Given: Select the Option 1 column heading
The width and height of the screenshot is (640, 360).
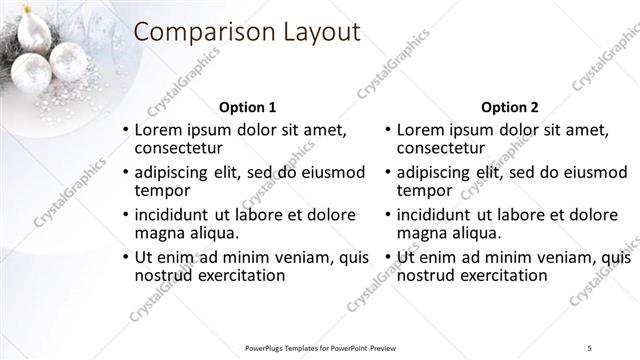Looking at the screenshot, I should point(247,107).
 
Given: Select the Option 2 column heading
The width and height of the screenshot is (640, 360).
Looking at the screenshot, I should point(509,107).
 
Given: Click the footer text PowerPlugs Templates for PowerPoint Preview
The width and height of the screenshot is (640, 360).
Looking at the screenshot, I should point(320,347).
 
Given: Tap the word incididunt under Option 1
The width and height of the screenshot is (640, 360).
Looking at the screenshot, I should point(170,215).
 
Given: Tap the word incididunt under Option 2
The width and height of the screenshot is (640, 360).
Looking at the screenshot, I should point(432,215).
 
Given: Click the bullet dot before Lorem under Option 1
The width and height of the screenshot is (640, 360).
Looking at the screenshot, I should point(125,130).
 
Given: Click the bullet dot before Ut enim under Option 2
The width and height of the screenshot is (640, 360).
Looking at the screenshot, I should point(387,258).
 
